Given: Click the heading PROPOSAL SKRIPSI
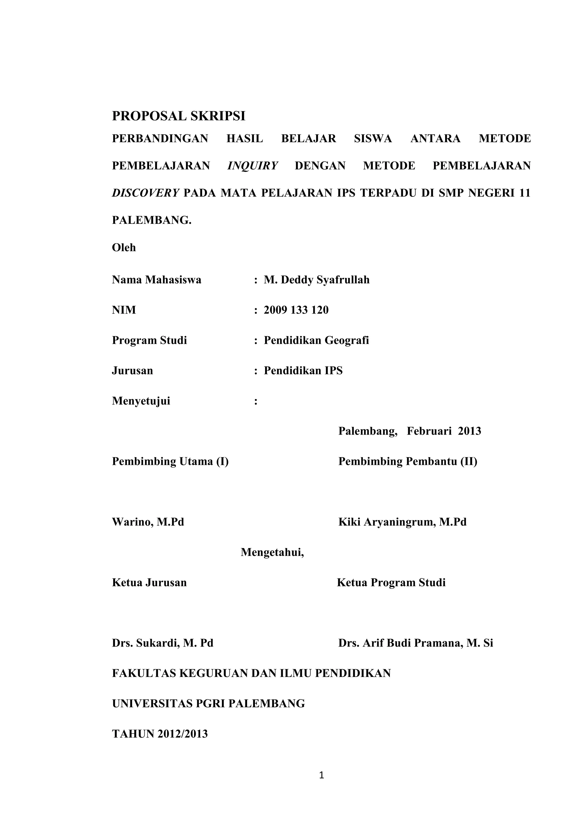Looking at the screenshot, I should (179, 116).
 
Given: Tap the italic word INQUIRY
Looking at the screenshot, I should (252, 166).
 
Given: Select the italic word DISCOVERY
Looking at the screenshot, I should (145, 193).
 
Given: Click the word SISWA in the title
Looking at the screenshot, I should (373, 138).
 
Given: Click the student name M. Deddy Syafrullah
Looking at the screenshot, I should (317, 280).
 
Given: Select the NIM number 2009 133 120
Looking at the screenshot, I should (296, 310).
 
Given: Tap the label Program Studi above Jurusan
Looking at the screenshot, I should (149, 340).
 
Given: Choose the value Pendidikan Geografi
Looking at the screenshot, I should (316, 340).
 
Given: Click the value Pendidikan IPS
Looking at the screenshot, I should (303, 371).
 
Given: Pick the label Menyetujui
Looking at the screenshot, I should (141, 401).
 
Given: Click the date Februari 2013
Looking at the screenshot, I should (444, 431).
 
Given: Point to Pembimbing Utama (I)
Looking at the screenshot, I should (170, 462).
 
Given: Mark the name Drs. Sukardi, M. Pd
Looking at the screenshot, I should (163, 643).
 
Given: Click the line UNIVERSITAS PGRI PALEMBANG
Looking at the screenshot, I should (209, 704).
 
